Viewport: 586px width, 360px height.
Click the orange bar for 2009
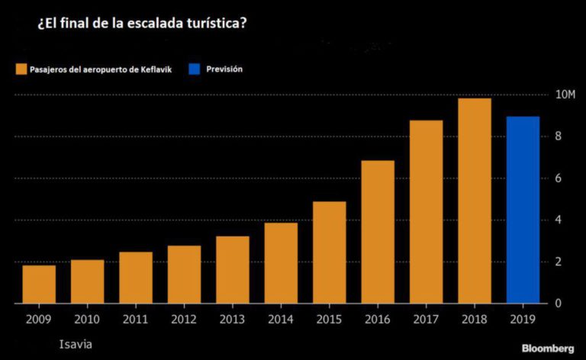[x=39, y=284]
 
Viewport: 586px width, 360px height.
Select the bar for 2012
[x=184, y=274]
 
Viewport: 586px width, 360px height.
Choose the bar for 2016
[x=378, y=232]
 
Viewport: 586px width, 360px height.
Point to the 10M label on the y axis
[x=565, y=94]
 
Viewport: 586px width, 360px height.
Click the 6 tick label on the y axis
[x=559, y=178]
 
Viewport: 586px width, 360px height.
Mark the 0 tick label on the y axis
[x=559, y=303]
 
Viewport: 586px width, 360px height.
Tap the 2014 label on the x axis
[x=281, y=320]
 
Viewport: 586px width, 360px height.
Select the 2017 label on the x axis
[x=426, y=320]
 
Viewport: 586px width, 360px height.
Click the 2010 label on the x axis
[x=87, y=320]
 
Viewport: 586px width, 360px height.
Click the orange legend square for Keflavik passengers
[x=21, y=69]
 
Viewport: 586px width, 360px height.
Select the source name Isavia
[x=76, y=344]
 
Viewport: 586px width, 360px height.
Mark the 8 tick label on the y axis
[x=559, y=136]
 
